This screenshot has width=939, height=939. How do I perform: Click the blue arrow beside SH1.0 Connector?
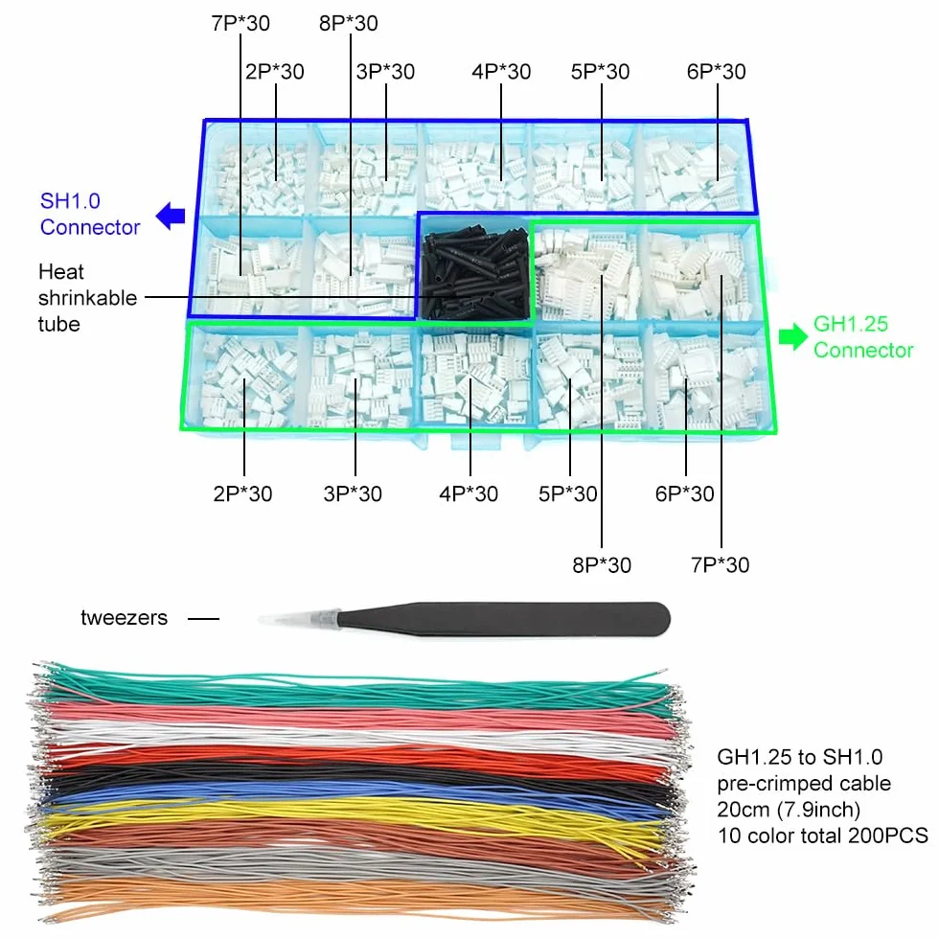(x=171, y=217)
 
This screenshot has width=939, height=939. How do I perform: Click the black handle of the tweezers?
(x=503, y=619)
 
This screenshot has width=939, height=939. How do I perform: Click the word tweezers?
(x=124, y=617)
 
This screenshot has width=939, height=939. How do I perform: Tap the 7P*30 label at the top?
(x=240, y=23)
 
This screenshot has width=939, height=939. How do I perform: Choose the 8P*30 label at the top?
(x=349, y=23)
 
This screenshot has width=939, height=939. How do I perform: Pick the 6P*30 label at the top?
(x=717, y=72)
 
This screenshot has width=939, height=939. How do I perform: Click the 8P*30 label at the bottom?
(x=602, y=564)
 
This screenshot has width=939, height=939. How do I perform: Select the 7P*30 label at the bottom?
(x=720, y=564)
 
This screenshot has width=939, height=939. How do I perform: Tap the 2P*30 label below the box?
(x=242, y=494)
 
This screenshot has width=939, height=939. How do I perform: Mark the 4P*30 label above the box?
(x=501, y=72)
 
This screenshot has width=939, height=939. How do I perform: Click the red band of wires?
(x=359, y=756)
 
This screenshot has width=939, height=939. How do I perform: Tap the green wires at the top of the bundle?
(x=359, y=689)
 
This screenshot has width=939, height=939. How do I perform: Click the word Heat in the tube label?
(x=61, y=272)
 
